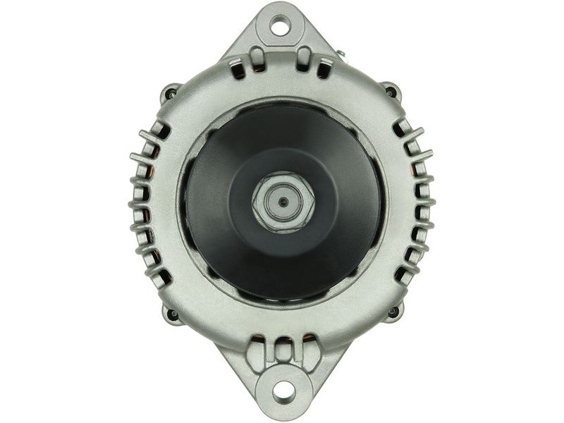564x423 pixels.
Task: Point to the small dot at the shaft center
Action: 283,202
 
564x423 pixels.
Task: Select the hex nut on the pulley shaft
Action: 283,202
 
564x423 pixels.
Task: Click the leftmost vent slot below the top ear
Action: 238,68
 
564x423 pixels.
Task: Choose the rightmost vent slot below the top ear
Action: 324,68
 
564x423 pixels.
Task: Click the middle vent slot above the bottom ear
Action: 283,350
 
